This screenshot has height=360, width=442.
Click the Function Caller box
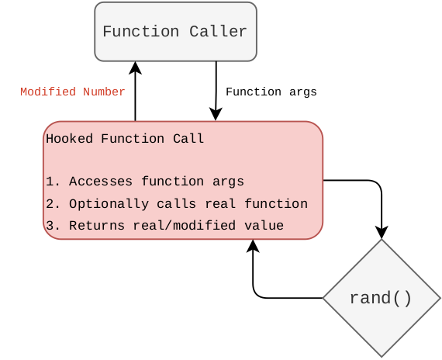[x=175, y=32]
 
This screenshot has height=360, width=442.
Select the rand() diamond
[x=381, y=298]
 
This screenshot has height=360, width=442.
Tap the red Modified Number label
[x=72, y=92]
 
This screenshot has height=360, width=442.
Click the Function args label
[x=271, y=92]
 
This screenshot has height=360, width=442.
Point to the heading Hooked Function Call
[x=125, y=139]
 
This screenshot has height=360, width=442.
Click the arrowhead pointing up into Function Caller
[x=136, y=68]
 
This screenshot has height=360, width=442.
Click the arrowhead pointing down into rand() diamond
[x=382, y=232]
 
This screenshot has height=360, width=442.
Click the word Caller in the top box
[x=219, y=32]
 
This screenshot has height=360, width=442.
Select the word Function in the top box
[x=140, y=32]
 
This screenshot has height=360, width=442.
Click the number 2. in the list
[x=53, y=204]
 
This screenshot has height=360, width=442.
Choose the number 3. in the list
[x=53, y=226]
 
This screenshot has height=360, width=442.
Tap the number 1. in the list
[x=53, y=182]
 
